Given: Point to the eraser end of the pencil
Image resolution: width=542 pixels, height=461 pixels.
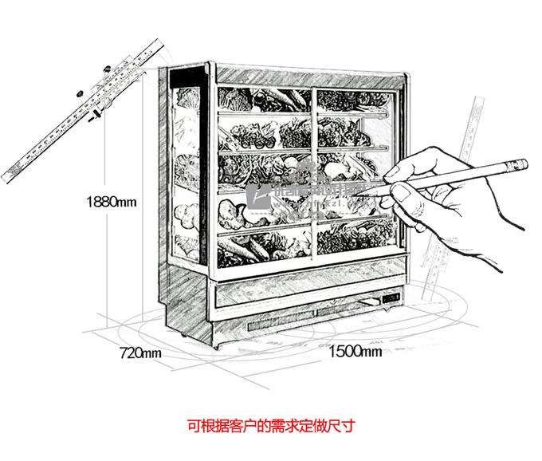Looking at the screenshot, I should tap(519, 164).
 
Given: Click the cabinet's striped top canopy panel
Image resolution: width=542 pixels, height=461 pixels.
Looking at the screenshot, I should tap(311, 78).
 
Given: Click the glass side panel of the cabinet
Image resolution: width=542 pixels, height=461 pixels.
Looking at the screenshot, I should tap(185, 175).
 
